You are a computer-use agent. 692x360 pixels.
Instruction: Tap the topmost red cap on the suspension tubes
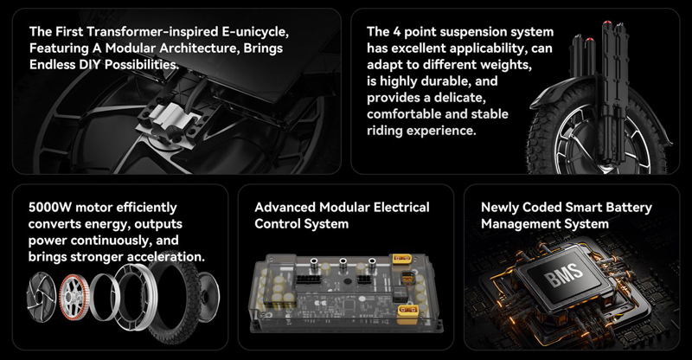(608, 23)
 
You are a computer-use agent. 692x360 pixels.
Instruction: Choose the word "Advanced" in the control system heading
(285, 207)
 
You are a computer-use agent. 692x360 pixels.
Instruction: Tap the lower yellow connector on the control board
(407, 312)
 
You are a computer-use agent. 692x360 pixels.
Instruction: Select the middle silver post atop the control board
(343, 265)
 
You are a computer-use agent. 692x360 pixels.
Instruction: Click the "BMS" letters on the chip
(564, 273)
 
